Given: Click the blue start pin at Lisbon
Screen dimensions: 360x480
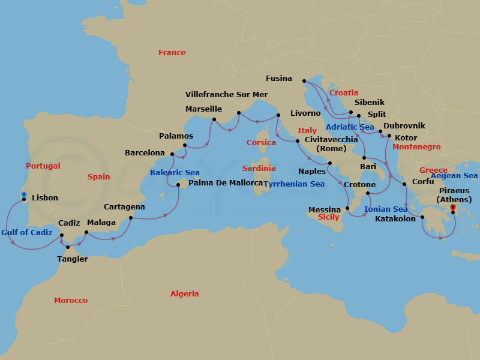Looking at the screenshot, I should [23, 195].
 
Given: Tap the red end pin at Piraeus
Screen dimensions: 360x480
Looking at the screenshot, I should [453, 208].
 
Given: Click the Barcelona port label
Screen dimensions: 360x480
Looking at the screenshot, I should [145, 153].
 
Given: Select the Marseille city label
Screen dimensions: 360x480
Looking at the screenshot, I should [203, 109].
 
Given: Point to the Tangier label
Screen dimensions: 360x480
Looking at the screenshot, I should [72, 259].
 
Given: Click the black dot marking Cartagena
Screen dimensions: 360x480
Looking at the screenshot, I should [131, 218].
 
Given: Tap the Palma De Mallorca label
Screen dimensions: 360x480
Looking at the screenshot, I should [226, 183].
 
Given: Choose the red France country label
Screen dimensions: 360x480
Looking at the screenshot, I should [172, 53].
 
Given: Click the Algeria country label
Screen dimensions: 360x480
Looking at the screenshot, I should [184, 294].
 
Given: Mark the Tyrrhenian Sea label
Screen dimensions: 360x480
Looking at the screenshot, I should [294, 184].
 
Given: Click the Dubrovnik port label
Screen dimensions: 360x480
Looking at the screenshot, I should [404, 126].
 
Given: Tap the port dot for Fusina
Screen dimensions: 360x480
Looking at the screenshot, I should [304, 80].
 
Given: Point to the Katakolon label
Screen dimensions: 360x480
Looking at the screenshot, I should [395, 219].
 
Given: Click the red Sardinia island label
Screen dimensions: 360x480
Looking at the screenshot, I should [259, 169].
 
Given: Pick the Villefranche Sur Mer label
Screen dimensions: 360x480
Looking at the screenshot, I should [227, 95].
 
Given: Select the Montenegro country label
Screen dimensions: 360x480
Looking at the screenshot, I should [416, 147].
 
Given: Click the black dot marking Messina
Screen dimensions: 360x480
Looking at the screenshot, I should [349, 208].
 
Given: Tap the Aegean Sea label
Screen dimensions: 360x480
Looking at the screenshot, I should [454, 176].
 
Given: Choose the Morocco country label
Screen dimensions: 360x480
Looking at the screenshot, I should [71, 301].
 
